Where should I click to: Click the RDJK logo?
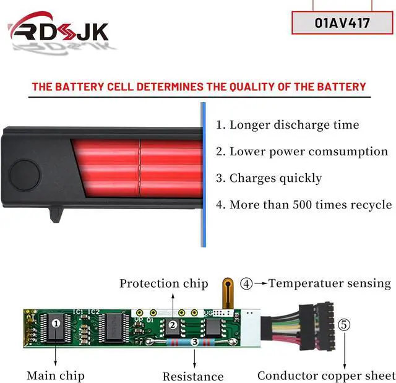pos(59,31)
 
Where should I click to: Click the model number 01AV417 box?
pos(342,23)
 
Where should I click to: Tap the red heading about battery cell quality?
pos(199,87)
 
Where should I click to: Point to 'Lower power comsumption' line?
pos(301,151)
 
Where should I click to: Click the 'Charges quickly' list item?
pos(269,178)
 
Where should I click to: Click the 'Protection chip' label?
pos(163,283)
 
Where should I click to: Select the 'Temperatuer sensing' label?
pos(331,283)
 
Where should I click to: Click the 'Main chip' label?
pos(55,375)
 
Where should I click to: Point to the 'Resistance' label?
pos(192,376)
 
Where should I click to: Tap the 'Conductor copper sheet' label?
pos(326,375)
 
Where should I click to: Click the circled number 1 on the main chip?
pos(56,322)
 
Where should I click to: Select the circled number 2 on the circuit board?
pos(173,324)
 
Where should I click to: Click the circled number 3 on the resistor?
pos(194,341)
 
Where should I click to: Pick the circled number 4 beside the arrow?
pos(246,284)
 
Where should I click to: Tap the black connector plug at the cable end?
pos(312,327)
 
